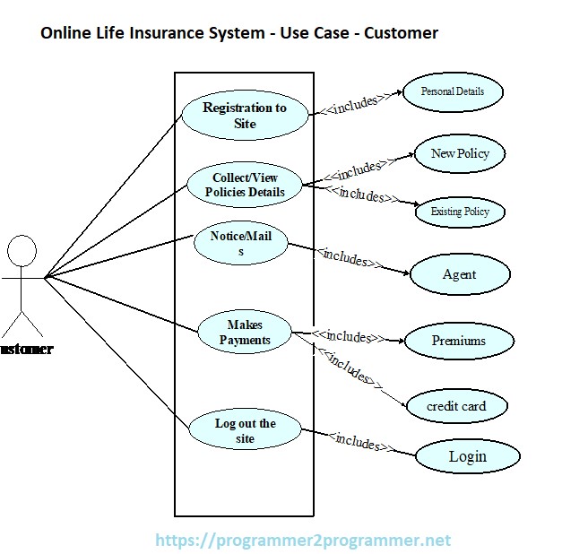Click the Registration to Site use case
coord(245,115)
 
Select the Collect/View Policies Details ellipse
coord(245,184)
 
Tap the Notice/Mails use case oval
coord(240,245)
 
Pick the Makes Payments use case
coord(245,333)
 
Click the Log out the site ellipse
coord(245,430)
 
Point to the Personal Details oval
coord(452,91)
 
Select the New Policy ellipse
coord(460,153)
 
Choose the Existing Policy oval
coord(460,212)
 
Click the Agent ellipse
coord(460,274)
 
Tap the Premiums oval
coord(459,341)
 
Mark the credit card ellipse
coord(456,406)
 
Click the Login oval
coord(467,456)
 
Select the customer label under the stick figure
coord(26,349)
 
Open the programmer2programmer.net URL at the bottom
coord(303,540)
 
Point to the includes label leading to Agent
coord(346,258)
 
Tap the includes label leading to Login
coord(357,440)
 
